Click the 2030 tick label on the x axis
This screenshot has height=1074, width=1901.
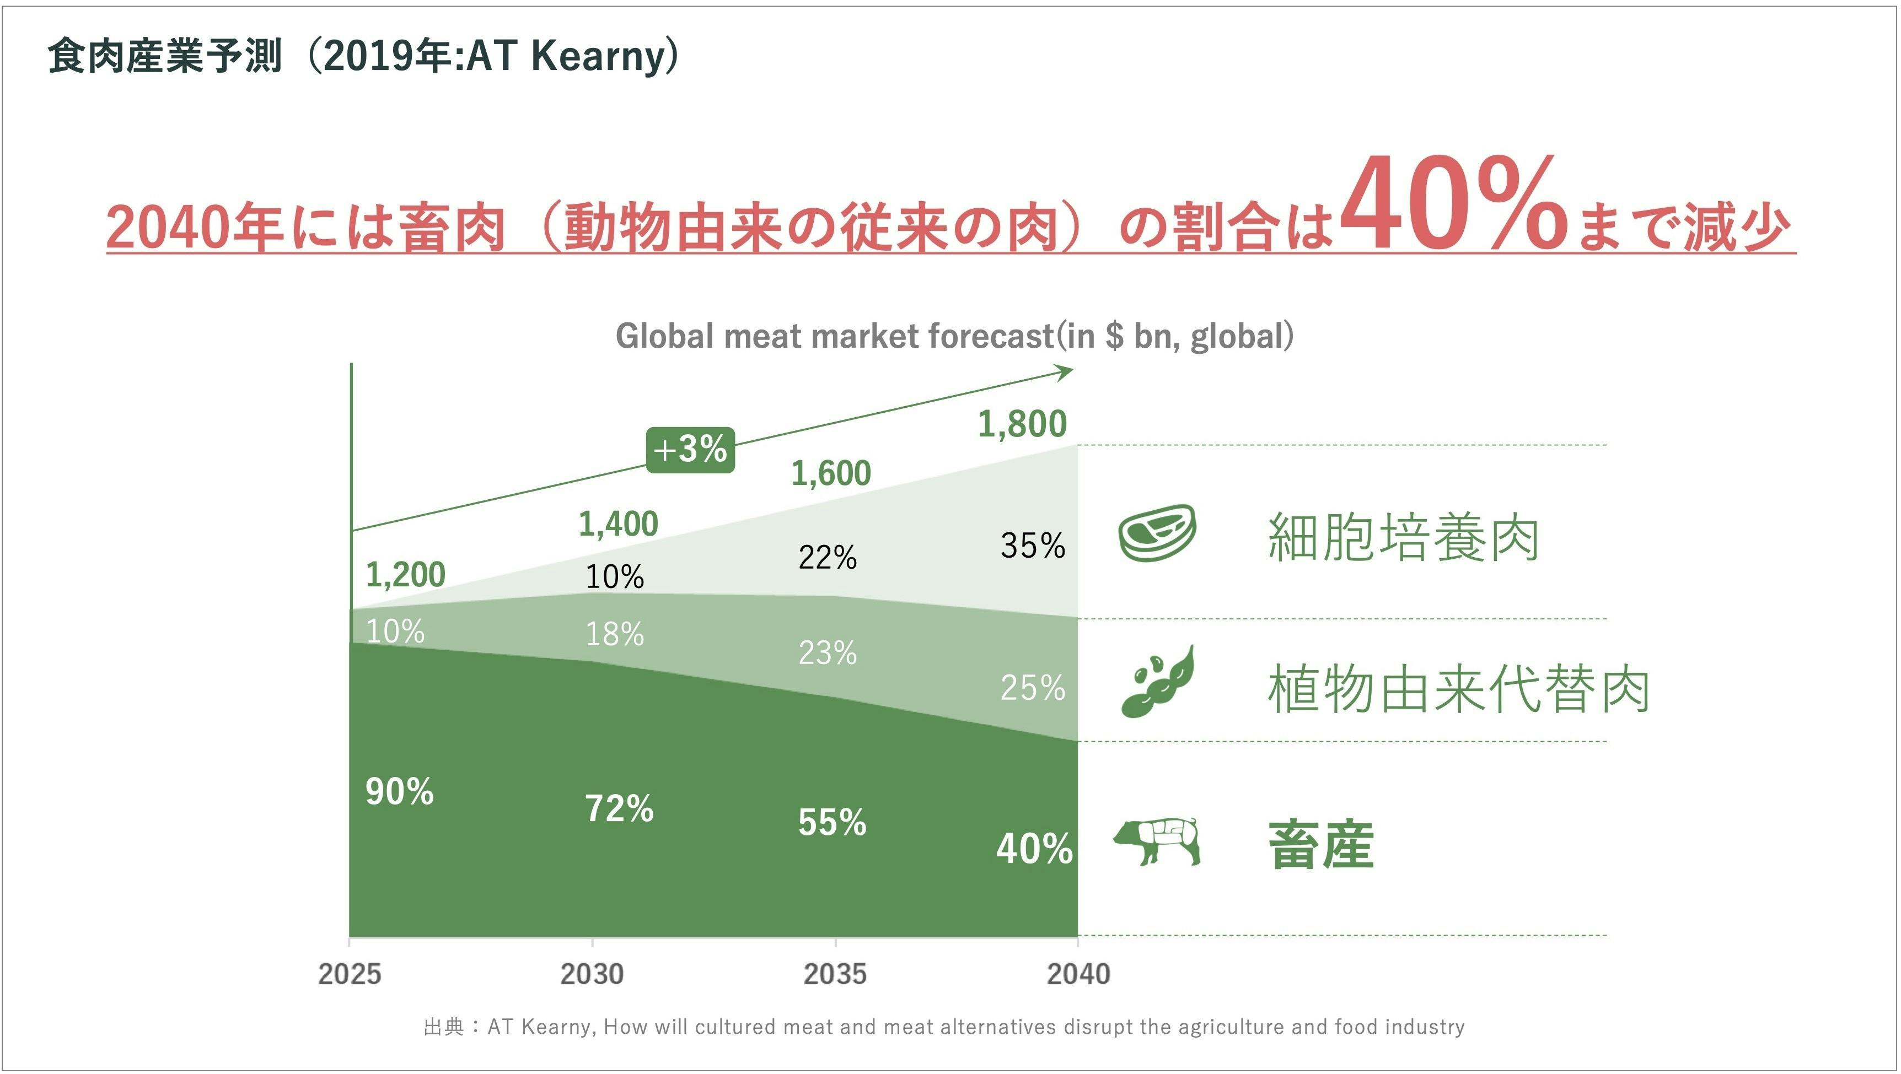(x=592, y=974)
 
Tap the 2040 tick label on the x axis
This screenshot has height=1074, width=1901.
(x=1078, y=974)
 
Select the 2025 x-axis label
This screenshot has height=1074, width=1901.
(x=350, y=974)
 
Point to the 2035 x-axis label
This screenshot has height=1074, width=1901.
(x=835, y=974)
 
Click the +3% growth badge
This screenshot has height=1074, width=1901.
(x=690, y=449)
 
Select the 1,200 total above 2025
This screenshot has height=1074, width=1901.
(x=405, y=575)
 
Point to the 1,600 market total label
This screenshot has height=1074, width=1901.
(x=831, y=473)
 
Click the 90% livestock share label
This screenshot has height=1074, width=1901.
(x=399, y=791)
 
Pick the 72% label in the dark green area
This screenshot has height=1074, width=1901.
(x=619, y=808)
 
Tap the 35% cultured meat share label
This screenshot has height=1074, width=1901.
(x=1033, y=546)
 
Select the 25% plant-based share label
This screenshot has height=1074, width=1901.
(x=1033, y=688)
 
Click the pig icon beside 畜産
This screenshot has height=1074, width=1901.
(x=1156, y=840)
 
